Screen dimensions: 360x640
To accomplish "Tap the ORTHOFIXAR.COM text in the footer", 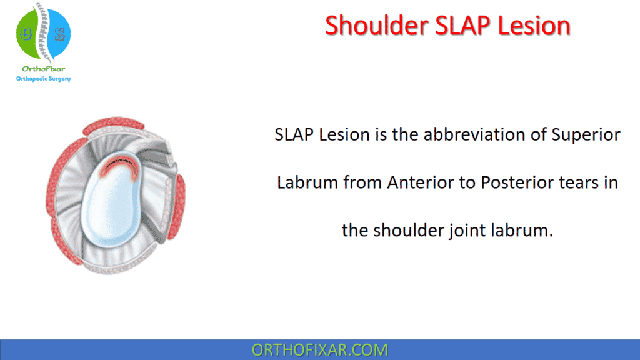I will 319,350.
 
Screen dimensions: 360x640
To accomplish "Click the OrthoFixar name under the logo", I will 43,69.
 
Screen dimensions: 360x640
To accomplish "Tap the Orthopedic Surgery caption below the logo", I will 43,79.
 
